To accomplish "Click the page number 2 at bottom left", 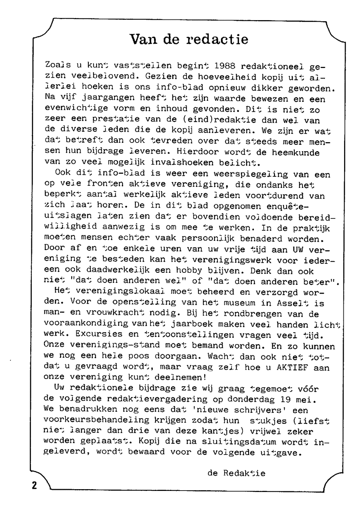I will [34, 486].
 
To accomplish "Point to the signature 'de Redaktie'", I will [236, 473].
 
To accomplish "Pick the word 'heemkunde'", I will [296, 152].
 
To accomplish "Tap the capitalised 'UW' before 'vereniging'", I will [298, 249].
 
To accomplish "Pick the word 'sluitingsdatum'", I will [239, 441].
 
